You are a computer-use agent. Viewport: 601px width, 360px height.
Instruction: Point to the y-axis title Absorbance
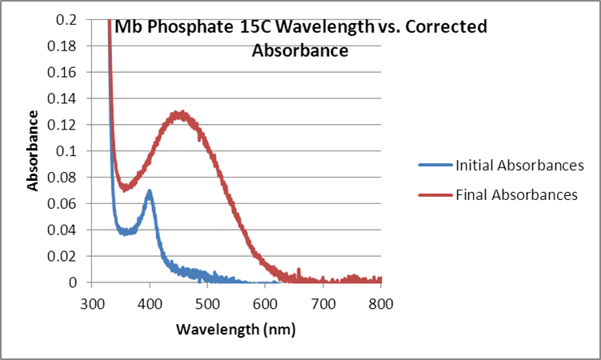[34, 150]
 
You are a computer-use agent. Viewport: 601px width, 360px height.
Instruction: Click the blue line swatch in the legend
[435, 166]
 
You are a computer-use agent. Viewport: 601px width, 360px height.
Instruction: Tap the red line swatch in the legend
[435, 194]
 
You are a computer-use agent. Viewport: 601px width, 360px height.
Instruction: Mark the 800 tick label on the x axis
[381, 303]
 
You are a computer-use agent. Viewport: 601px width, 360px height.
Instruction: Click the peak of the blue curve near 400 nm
[149, 192]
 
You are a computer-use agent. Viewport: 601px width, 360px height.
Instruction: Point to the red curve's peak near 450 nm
[182, 114]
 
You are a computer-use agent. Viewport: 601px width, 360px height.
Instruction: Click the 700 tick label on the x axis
[323, 303]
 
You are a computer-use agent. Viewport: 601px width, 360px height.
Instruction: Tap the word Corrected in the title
[447, 27]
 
